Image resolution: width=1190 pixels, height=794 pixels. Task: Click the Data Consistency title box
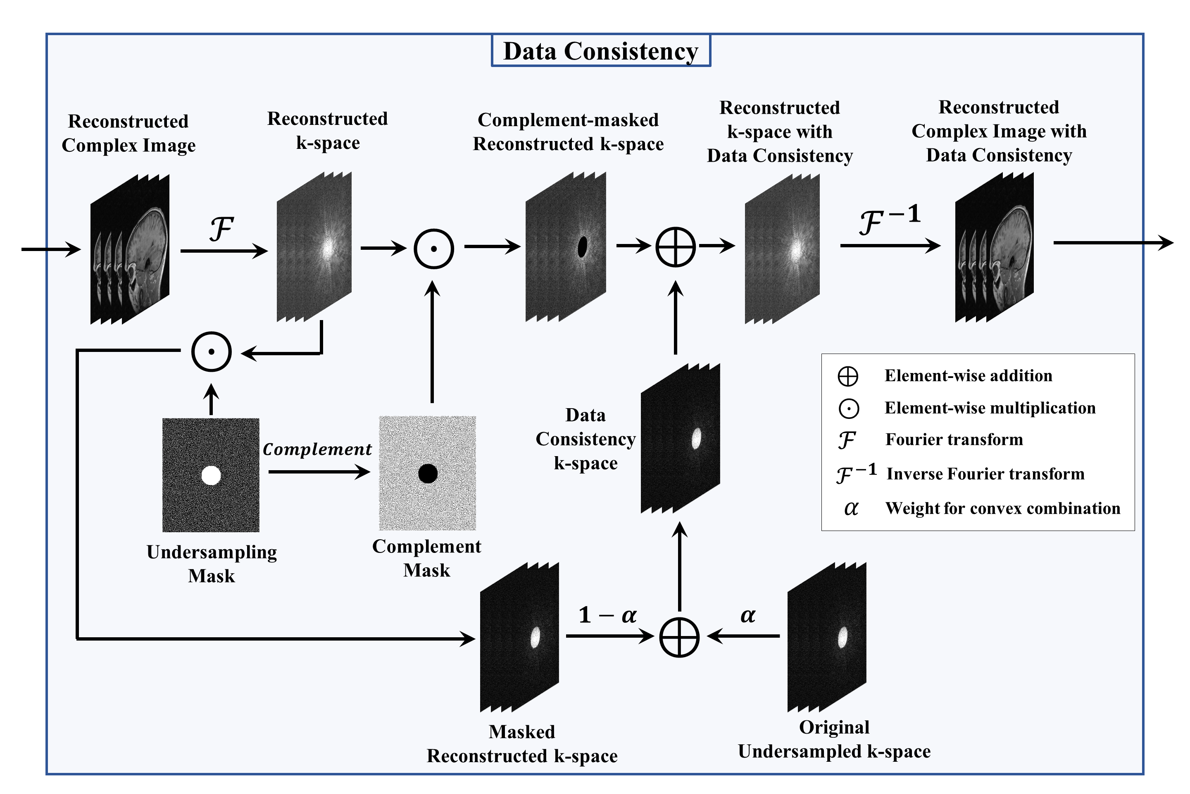(x=601, y=50)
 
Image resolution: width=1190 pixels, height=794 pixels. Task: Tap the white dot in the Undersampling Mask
(x=211, y=476)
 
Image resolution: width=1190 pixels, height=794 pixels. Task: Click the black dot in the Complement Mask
(x=428, y=474)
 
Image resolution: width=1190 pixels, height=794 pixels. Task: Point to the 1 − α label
(x=607, y=615)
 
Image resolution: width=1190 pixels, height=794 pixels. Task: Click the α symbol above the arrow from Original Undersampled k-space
(x=748, y=615)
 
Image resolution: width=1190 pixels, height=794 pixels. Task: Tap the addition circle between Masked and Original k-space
(x=679, y=637)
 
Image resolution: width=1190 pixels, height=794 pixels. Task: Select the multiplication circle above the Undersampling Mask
(x=212, y=352)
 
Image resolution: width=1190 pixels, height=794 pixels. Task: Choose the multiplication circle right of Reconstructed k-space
(x=433, y=249)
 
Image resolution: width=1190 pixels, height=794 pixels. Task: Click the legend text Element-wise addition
(x=968, y=376)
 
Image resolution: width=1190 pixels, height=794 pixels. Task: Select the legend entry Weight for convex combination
(x=1002, y=508)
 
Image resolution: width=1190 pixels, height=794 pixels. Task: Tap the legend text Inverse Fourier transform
(x=985, y=474)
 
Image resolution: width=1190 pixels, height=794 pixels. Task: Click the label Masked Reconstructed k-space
(x=521, y=744)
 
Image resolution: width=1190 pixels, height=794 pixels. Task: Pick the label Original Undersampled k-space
(x=834, y=739)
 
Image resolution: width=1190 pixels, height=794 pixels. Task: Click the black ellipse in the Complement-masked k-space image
(x=582, y=246)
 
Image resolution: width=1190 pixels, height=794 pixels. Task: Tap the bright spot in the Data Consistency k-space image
(x=696, y=438)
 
